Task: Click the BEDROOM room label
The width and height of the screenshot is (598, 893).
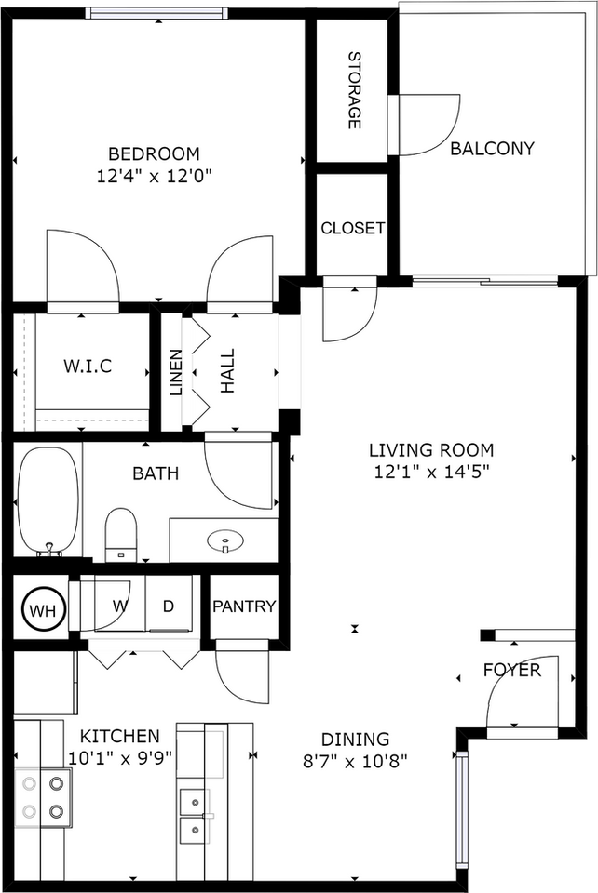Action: tap(154, 153)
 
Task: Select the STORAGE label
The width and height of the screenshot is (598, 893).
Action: tap(354, 90)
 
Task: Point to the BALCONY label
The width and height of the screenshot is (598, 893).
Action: tap(492, 148)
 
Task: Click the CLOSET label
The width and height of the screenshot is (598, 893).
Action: tap(353, 228)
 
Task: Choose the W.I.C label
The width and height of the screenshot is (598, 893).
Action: tap(88, 366)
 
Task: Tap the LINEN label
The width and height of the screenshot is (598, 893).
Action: tap(176, 372)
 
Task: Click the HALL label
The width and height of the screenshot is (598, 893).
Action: tap(228, 371)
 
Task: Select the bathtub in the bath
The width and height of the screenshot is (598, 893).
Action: tap(48, 502)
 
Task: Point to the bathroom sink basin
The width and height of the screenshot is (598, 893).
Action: tap(224, 539)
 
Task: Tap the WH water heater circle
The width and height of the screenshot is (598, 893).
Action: tap(41, 610)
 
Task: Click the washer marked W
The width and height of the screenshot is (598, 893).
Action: tap(119, 606)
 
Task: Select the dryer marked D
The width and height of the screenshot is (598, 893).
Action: tap(169, 606)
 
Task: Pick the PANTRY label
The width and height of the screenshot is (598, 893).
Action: tap(244, 606)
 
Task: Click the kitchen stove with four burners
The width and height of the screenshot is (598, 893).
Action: tap(44, 797)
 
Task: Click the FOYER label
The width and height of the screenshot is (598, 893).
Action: tap(511, 670)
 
